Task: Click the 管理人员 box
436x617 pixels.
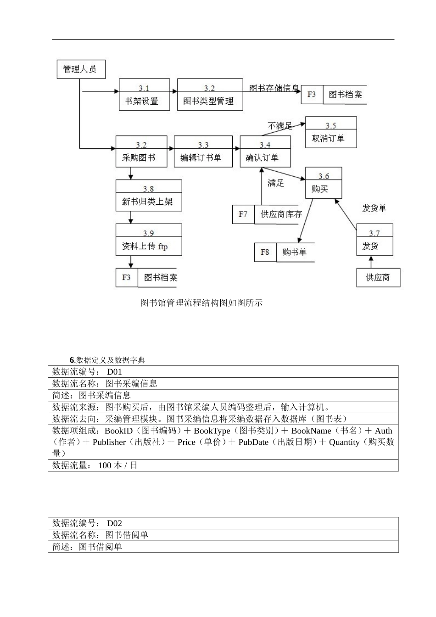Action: point(81,69)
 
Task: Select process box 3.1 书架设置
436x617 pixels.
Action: point(144,95)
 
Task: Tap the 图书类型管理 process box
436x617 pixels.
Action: point(210,95)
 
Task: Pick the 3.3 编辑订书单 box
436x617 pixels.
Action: point(203,151)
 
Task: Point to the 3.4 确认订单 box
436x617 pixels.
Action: point(265,151)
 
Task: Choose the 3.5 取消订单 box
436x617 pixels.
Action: point(330,132)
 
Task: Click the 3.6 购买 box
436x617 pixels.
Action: point(323,183)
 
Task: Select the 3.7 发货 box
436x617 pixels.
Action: point(375,240)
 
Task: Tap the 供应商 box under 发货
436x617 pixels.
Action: point(378,278)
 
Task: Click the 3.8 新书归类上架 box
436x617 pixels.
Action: point(148,196)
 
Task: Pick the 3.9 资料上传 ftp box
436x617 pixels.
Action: point(148,240)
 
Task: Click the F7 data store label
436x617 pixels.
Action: point(243,214)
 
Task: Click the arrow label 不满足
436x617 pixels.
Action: point(279,125)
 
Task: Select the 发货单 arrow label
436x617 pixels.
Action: point(374,208)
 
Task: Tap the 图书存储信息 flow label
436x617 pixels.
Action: point(274,89)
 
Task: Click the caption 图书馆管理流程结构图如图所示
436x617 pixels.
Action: point(201,303)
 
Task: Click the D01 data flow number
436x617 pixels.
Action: point(114,372)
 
